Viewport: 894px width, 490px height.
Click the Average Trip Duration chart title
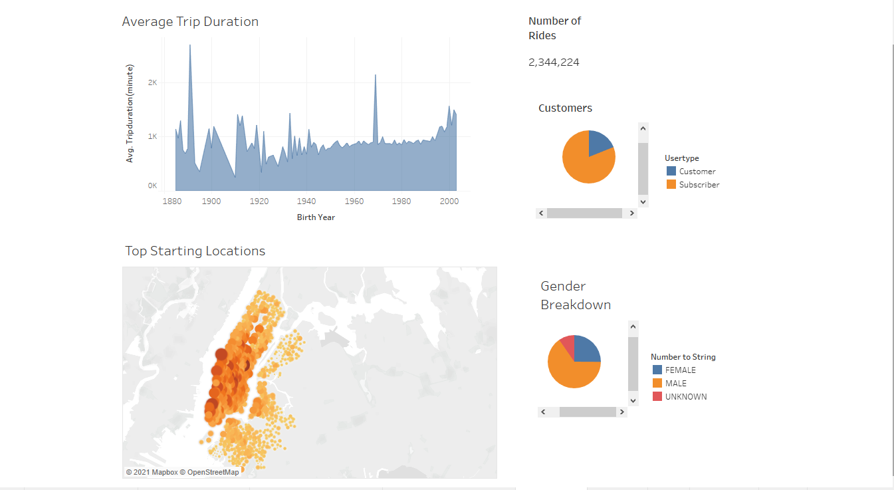[190, 22]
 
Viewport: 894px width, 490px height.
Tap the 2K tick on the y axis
[152, 82]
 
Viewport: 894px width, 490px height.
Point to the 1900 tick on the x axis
[211, 201]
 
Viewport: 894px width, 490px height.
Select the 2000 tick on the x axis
[449, 201]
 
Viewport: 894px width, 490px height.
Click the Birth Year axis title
[316, 217]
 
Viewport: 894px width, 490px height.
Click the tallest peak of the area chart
[190, 46]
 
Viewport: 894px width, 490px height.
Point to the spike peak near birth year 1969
[376, 76]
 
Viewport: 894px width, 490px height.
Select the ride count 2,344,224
[554, 62]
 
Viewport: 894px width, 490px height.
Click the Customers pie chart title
[565, 108]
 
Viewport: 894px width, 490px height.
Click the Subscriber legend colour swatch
[671, 184]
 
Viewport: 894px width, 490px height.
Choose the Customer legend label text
[697, 172]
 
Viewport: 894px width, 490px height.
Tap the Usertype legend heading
[681, 158]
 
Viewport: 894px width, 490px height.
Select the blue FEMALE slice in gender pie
[586, 350]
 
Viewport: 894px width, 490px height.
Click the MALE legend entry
[675, 384]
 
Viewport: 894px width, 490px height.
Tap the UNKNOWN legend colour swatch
[657, 396]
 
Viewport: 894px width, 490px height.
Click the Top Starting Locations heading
[195, 251]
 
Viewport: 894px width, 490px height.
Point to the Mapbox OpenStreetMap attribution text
[182, 472]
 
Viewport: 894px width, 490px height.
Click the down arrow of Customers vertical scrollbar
[643, 201]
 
